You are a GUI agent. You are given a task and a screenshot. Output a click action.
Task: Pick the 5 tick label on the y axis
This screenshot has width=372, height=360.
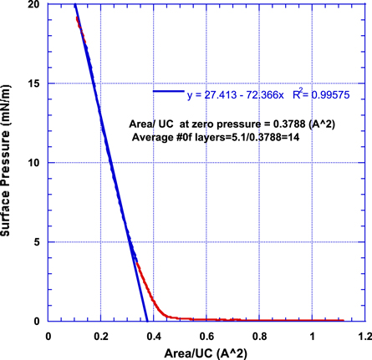point(35,242)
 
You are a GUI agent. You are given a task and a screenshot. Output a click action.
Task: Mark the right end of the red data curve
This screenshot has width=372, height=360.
point(344,319)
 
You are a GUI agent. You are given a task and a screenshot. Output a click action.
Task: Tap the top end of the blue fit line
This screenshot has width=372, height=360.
point(74,4)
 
